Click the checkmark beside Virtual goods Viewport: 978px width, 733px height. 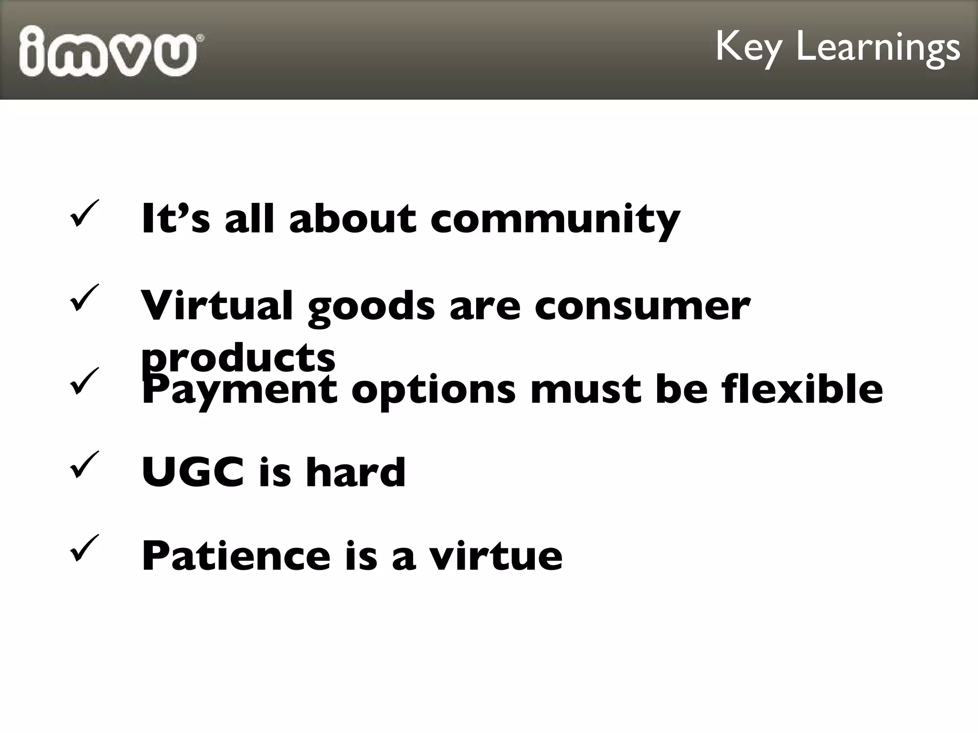84,298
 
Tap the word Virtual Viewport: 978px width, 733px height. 216,305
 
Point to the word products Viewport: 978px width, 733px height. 238,359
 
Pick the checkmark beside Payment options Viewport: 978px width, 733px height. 84,381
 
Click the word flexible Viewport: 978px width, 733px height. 802,389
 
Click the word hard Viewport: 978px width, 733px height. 356,472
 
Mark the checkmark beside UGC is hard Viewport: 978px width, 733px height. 84,465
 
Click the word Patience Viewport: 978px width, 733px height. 236,555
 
